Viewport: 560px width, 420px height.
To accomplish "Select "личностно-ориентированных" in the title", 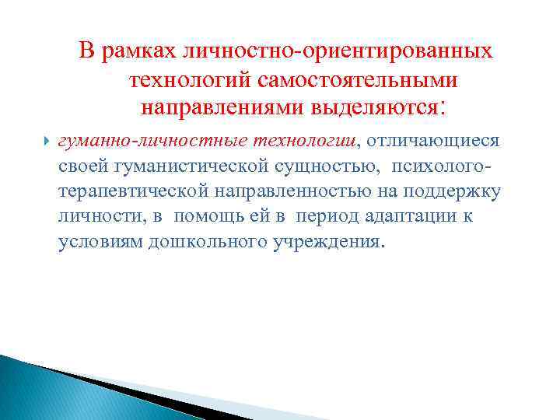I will point(337,51).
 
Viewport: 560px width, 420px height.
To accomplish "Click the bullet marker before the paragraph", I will point(46,142).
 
